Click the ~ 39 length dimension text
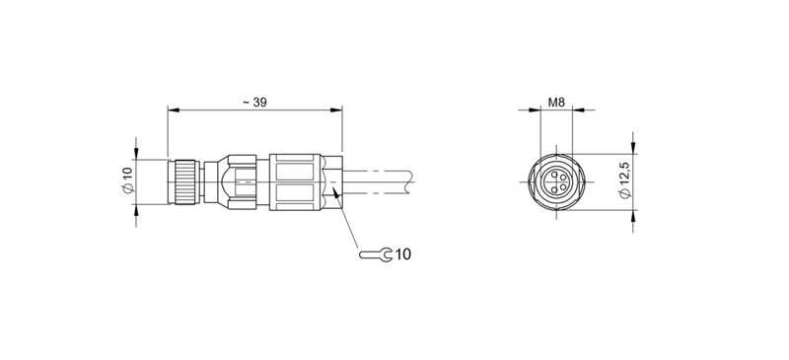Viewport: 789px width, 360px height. click(253, 102)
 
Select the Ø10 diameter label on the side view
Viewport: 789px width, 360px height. click(126, 180)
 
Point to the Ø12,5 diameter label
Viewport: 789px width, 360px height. click(623, 180)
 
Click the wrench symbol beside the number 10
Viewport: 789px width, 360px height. click(376, 255)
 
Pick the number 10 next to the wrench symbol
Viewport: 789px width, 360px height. click(402, 255)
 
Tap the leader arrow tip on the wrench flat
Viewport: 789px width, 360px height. click(337, 193)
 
